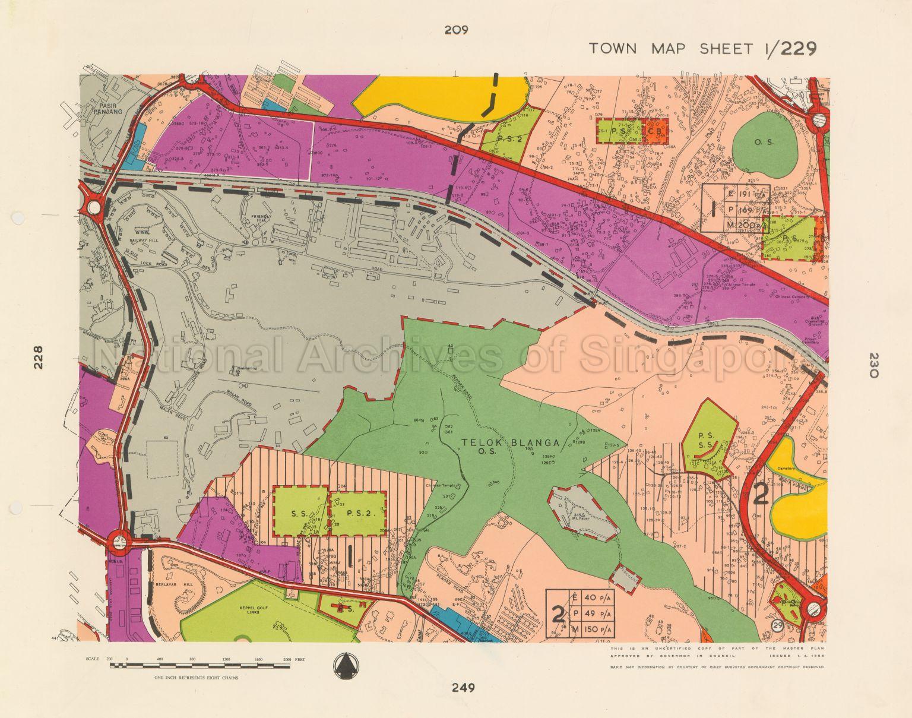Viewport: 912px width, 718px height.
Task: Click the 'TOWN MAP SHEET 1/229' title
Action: click(x=702, y=48)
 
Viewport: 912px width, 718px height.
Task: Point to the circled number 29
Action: click(x=777, y=625)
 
